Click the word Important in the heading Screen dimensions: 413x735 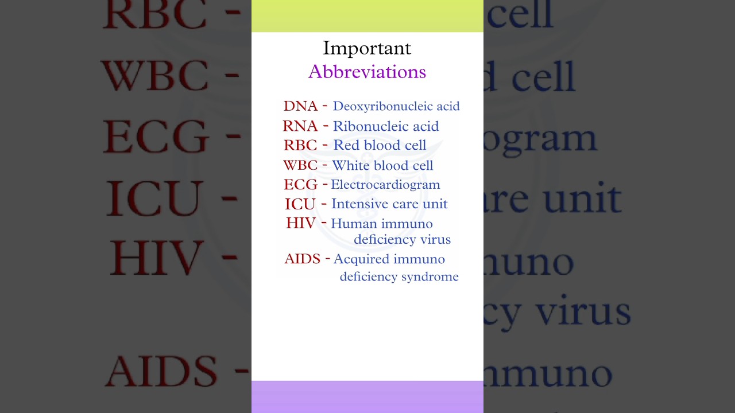(367, 48)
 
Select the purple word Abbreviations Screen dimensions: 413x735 (367, 72)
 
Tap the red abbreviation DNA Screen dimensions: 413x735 (300, 106)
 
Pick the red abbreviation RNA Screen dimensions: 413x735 (300, 126)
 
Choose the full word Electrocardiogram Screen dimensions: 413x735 (385, 185)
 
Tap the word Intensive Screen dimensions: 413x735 (358, 204)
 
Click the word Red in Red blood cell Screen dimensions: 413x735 (346, 146)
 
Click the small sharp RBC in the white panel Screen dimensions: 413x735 (300, 146)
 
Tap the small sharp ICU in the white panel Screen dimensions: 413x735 (300, 204)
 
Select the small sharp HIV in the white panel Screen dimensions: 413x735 (301, 223)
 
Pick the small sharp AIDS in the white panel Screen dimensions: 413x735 (302, 259)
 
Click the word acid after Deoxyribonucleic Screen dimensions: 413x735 (447, 107)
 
